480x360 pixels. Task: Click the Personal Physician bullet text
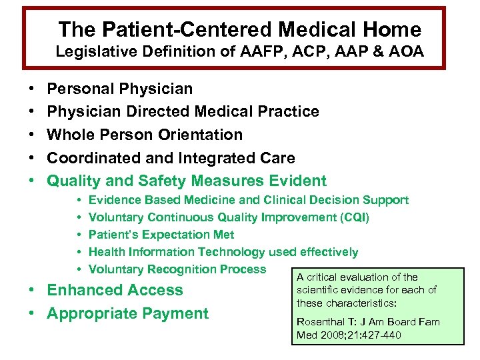click(120, 89)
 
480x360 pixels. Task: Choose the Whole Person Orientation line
click(145, 135)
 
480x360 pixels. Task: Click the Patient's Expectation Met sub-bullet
click(161, 235)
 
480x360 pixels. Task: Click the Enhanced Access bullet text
click(115, 290)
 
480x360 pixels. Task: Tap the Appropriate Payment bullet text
click(127, 313)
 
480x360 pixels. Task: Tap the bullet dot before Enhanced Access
click(32, 291)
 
